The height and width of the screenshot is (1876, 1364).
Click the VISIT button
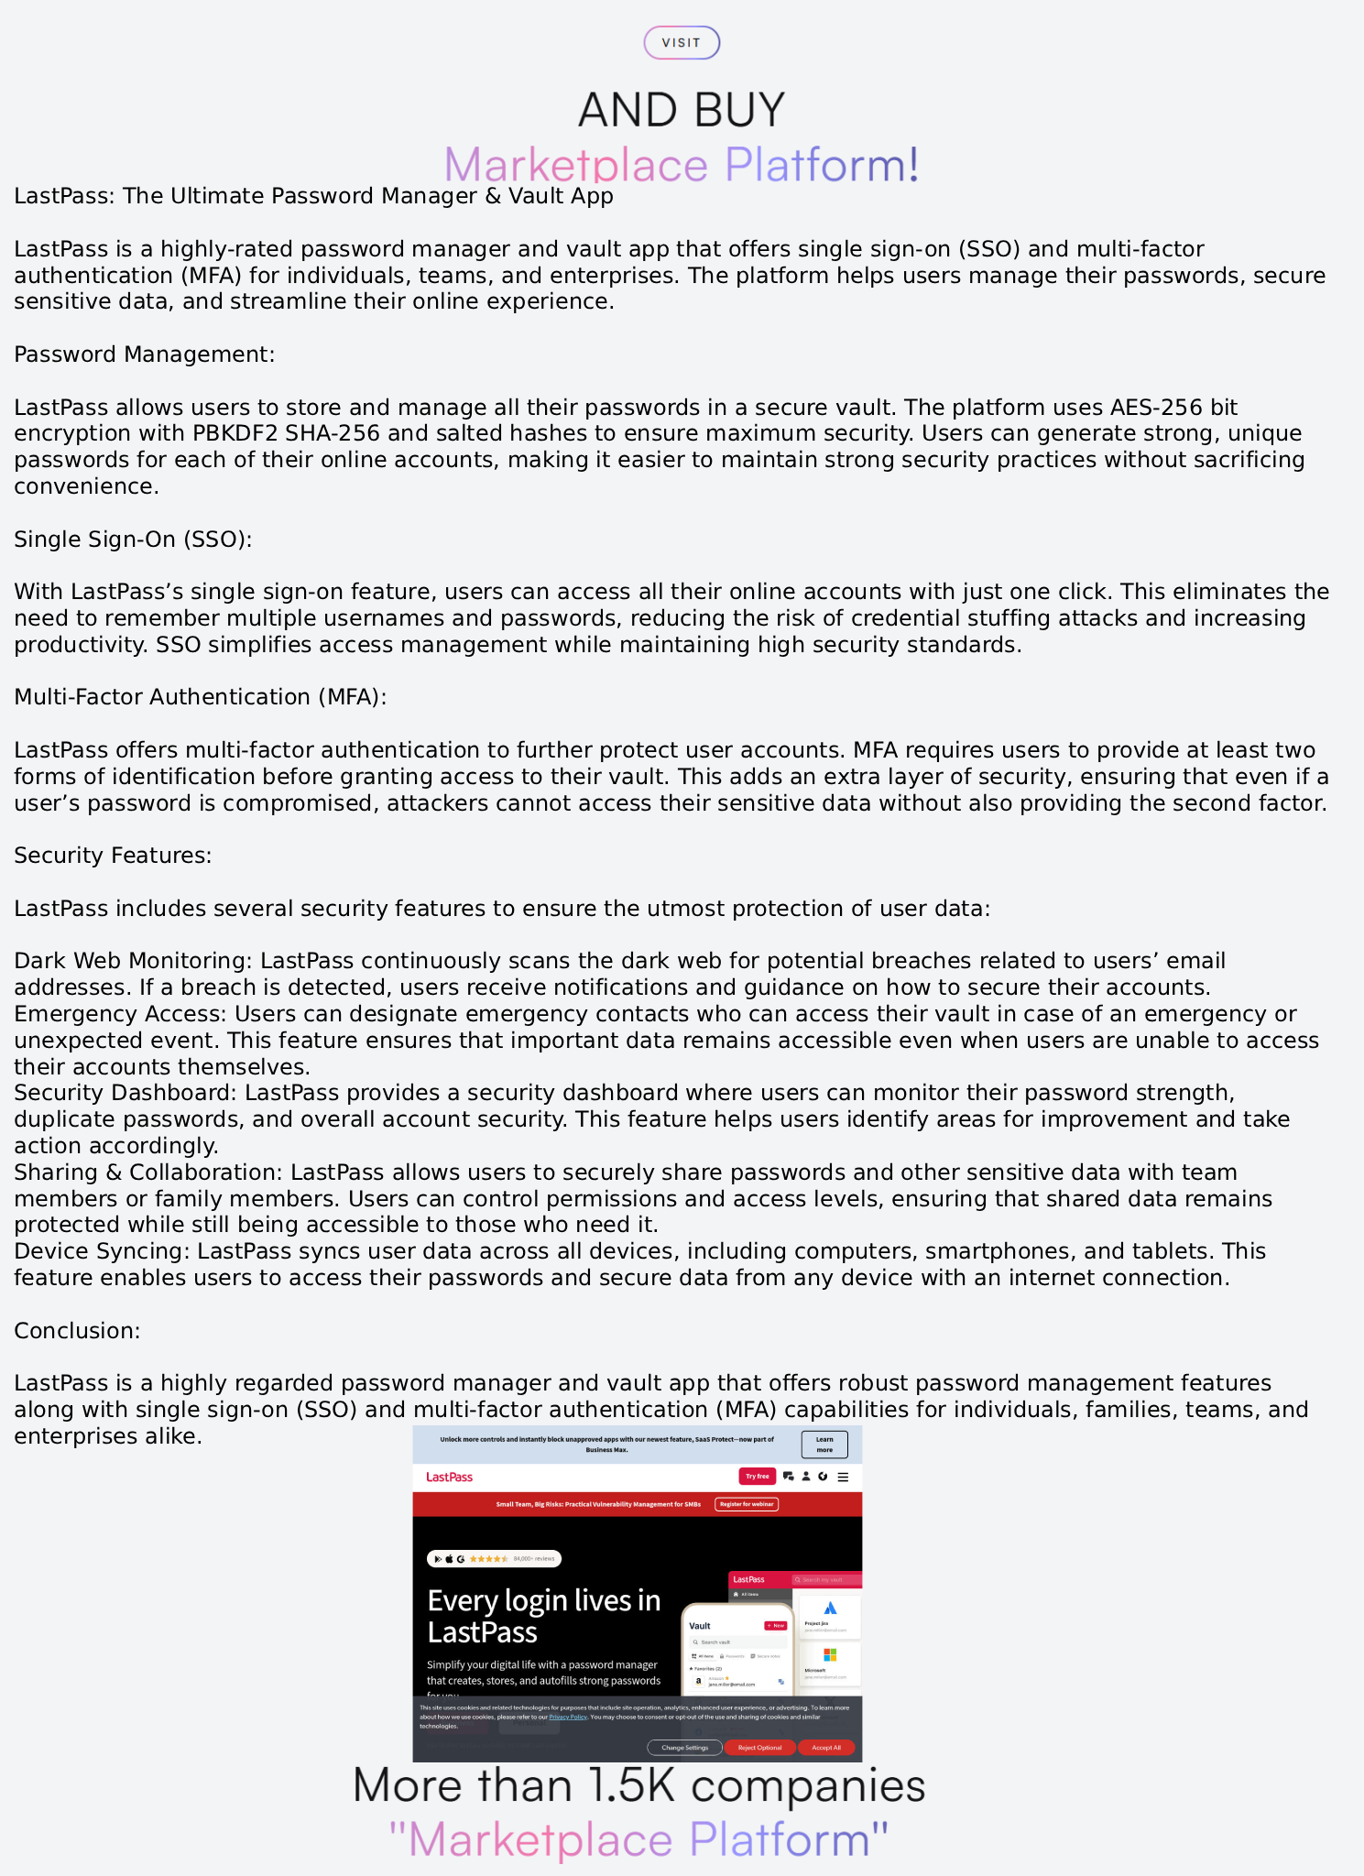(x=682, y=43)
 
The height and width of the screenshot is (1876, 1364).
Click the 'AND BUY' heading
(x=682, y=110)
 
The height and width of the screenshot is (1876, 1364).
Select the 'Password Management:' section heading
(x=144, y=354)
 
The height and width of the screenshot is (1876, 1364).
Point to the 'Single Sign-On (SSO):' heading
(x=133, y=540)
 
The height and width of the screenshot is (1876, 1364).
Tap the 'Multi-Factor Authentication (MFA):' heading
(x=200, y=697)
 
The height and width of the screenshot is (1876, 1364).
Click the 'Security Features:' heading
(x=113, y=856)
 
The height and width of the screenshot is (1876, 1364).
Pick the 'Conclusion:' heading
(x=77, y=1331)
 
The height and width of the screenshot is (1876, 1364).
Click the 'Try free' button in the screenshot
(x=757, y=1477)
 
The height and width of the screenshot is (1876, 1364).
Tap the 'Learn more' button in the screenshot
(x=824, y=1445)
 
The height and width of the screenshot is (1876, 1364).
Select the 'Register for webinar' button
(x=747, y=1504)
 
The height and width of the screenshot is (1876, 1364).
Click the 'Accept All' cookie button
(x=825, y=1748)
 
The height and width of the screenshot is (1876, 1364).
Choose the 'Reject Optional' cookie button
(x=759, y=1748)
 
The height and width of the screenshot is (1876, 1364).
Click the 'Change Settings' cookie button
(x=684, y=1748)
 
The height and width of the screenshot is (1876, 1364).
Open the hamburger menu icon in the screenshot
(x=843, y=1477)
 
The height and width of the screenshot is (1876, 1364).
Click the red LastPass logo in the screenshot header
(x=449, y=1477)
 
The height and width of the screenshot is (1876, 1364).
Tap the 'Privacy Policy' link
(x=568, y=1718)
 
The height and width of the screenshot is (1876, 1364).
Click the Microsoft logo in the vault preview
(x=830, y=1654)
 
